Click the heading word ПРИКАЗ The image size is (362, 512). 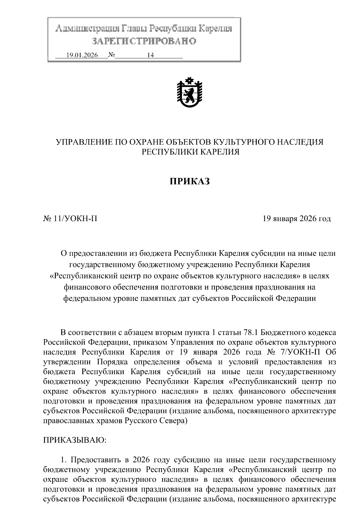point(189,181)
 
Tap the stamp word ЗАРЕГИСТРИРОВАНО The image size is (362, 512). point(144,41)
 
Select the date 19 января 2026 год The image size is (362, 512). point(297,218)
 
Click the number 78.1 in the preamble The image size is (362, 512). point(249,332)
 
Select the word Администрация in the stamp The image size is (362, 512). point(87,29)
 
